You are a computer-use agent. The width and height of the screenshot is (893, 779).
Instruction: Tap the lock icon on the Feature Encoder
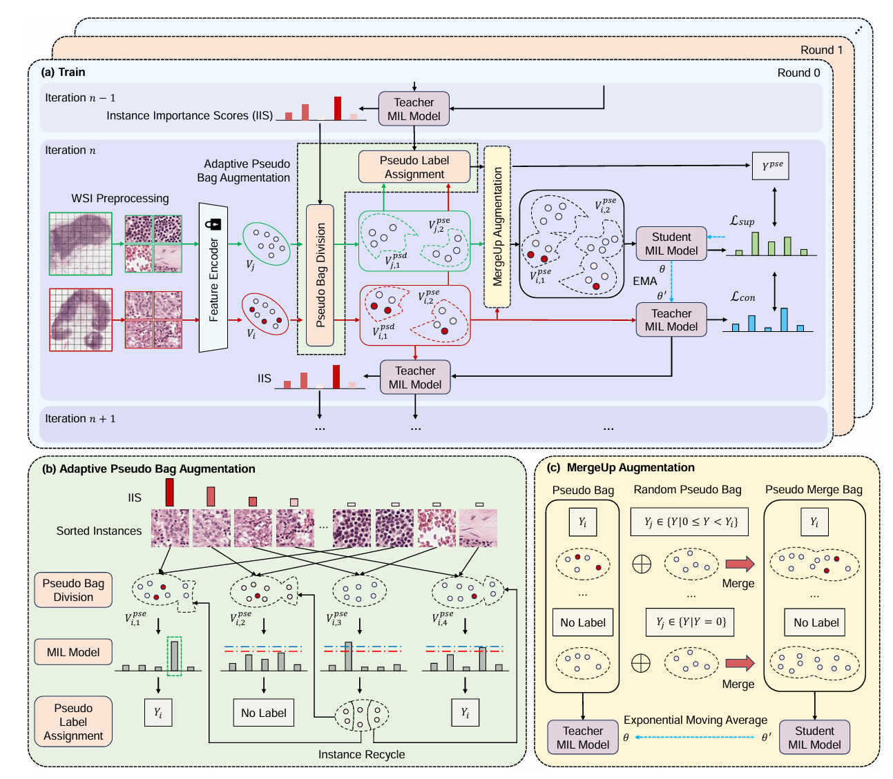pyautogui.click(x=213, y=224)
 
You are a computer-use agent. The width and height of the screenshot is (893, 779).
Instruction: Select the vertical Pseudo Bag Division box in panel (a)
pyautogui.click(x=320, y=275)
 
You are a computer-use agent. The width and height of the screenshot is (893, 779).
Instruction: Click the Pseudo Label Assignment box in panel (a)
pyautogui.click(x=414, y=167)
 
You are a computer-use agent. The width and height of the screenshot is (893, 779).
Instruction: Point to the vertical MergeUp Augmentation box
pyautogui.click(x=497, y=226)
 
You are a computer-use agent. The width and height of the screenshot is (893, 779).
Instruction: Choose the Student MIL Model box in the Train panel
pyautogui.click(x=671, y=244)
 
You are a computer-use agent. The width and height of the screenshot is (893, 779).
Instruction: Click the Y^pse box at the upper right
pyautogui.click(x=771, y=166)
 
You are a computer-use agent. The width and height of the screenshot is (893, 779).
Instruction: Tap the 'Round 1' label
pyautogui.click(x=821, y=50)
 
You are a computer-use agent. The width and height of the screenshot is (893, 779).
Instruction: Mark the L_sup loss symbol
pyautogui.click(x=742, y=221)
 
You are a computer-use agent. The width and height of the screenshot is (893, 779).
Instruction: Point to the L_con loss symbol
pyautogui.click(x=742, y=297)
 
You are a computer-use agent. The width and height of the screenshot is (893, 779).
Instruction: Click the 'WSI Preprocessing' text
pyautogui.click(x=120, y=199)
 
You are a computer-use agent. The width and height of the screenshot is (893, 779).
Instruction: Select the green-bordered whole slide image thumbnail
pyautogui.click(x=81, y=244)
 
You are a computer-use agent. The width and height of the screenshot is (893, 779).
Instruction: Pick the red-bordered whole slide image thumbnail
pyautogui.click(x=81, y=319)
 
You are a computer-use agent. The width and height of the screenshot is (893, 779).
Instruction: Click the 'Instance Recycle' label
pyautogui.click(x=361, y=754)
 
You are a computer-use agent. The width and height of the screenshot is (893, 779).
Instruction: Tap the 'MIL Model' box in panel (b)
pyautogui.click(x=73, y=652)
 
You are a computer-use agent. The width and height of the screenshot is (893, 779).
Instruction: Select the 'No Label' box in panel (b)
pyautogui.click(x=264, y=713)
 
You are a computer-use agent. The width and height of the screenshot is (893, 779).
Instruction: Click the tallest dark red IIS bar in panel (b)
pyautogui.click(x=169, y=493)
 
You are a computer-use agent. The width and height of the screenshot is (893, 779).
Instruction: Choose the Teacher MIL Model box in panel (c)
pyautogui.click(x=583, y=738)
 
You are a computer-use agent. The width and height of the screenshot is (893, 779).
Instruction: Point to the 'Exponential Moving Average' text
pyautogui.click(x=695, y=720)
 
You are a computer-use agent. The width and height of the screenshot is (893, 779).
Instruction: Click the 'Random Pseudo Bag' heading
pyautogui.click(x=687, y=490)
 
